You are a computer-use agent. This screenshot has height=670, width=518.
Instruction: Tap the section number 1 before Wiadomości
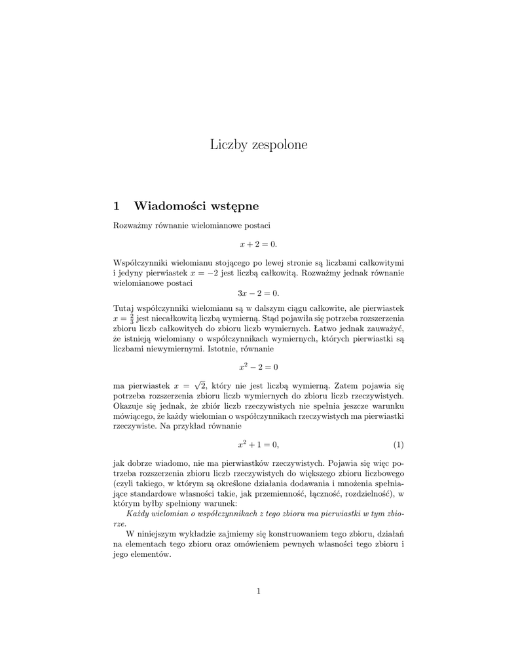[117, 206]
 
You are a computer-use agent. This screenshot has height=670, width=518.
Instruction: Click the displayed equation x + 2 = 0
[258, 243]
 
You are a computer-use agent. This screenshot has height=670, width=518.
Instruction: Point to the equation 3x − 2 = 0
[258, 294]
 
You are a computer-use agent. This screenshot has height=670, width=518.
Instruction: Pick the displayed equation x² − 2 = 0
[258, 366]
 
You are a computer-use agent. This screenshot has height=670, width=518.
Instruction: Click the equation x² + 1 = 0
[258, 445]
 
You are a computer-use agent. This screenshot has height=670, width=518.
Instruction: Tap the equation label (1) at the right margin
[398, 445]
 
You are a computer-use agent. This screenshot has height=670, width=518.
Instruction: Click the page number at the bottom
[259, 591]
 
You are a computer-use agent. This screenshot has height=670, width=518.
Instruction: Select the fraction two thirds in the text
[132, 318]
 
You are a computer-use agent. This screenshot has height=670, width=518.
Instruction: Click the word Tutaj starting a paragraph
[124, 308]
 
